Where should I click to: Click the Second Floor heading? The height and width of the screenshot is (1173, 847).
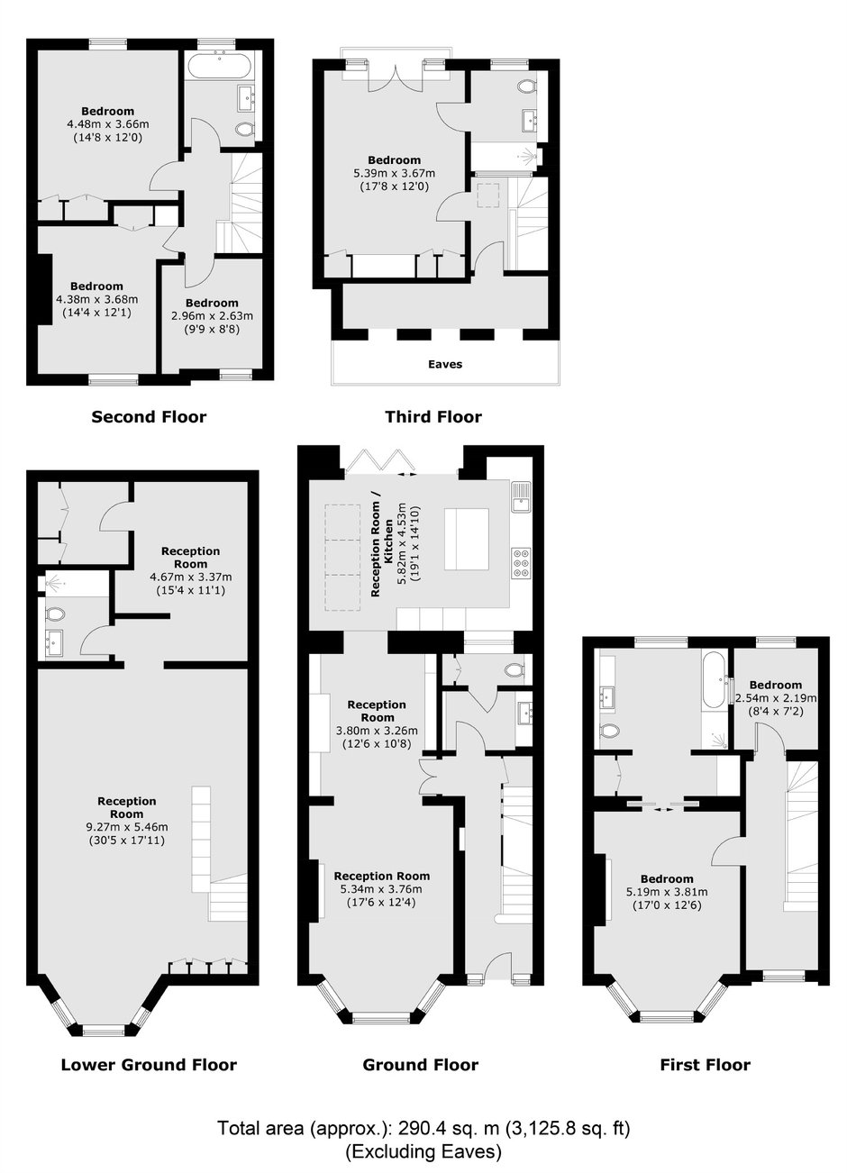(x=149, y=417)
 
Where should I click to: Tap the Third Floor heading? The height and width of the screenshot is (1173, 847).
(x=433, y=417)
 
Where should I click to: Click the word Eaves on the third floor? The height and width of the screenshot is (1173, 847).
(x=445, y=365)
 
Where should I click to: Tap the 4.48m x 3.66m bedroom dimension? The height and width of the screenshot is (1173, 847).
(x=108, y=124)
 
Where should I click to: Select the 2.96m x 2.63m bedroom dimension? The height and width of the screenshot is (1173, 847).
(x=212, y=316)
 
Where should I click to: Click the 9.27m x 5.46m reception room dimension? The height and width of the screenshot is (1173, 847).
(x=127, y=827)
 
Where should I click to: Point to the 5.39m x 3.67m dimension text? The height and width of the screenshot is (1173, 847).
(x=394, y=173)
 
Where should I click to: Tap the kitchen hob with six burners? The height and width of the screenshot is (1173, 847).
(x=520, y=562)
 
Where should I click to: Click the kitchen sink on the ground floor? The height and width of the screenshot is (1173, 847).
(x=521, y=497)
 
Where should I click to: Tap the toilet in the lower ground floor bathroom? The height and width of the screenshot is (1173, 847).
(x=54, y=614)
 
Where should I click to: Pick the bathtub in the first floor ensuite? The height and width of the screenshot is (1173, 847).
(x=714, y=680)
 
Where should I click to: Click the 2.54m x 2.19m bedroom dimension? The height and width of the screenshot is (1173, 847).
(x=776, y=698)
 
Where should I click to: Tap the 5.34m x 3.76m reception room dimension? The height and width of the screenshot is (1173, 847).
(x=381, y=888)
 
